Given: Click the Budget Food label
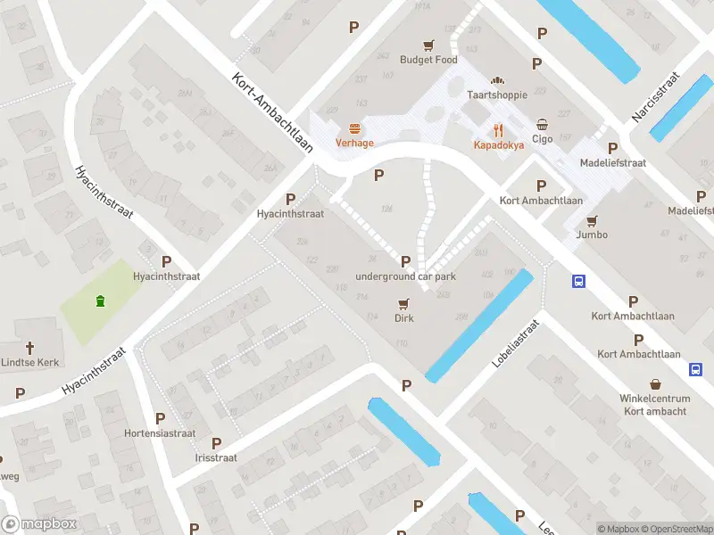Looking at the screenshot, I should point(428,60).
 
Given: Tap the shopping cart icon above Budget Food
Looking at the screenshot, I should point(428,45).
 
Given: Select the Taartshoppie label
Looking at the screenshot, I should point(497,95).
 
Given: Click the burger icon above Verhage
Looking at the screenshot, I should point(354,128).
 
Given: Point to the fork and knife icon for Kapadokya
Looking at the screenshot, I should point(498,129).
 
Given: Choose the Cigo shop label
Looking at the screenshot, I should point(543,138).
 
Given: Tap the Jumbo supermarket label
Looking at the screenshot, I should point(592,235).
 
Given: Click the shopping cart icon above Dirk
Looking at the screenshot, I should point(404,303).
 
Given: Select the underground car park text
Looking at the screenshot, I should point(405,276).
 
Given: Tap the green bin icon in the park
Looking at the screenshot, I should point(100,300).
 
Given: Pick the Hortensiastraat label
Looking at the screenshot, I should point(159,433).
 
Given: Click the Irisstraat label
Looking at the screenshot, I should point(215,457).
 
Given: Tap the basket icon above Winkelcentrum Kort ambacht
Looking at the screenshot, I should point(655,383).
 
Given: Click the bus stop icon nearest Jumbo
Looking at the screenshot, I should point(578,282).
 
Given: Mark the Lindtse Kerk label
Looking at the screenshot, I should point(29,362).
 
